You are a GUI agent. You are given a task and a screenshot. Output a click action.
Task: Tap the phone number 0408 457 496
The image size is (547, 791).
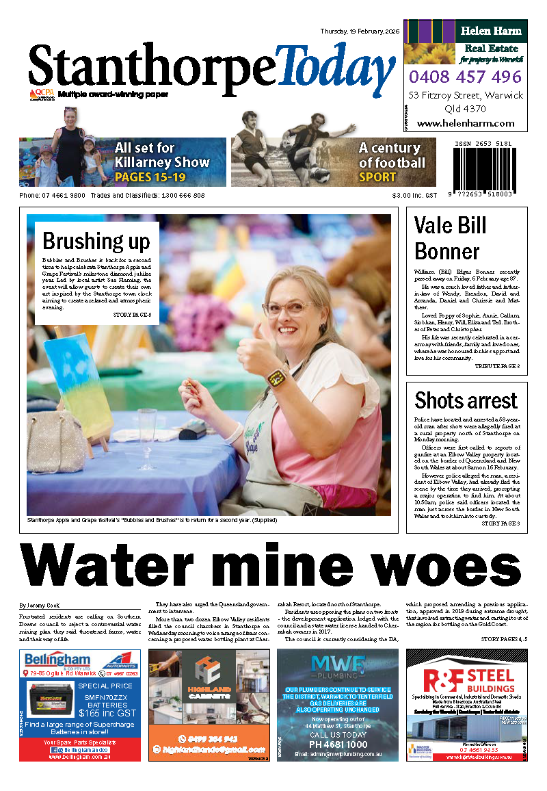(465, 77)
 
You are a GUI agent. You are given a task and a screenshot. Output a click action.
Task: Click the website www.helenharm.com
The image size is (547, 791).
(465, 123)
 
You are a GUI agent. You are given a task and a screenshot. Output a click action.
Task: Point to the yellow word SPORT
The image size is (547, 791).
(377, 177)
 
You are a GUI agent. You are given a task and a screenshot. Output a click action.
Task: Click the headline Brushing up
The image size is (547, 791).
(96, 241)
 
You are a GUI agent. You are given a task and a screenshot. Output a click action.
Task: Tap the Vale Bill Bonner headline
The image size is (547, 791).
(451, 238)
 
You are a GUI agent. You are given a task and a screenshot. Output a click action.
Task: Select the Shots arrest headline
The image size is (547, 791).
(466, 400)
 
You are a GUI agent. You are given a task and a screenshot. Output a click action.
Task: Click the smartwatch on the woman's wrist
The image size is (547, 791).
(277, 377)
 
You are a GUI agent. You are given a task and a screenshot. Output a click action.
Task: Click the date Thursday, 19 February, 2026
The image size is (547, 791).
(360, 31)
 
